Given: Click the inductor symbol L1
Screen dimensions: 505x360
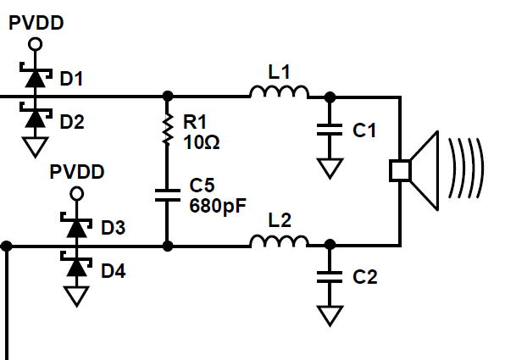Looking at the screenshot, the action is coord(280,91).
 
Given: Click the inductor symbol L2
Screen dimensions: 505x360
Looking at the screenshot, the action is coord(280,241).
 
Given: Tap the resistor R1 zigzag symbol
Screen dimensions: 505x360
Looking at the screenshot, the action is coord(167,129).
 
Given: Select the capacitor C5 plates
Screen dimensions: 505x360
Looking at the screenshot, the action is coord(168,196).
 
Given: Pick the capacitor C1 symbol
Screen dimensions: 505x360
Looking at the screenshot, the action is coord(330,130).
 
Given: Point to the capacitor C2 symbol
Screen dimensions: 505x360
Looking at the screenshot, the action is coord(330,277).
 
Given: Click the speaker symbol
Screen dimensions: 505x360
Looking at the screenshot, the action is coord(413,170).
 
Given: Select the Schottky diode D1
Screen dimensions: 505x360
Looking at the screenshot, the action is coord(35,77).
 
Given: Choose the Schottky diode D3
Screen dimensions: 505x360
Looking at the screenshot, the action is coord(76,227).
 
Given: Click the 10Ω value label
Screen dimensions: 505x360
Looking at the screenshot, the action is coord(202,142).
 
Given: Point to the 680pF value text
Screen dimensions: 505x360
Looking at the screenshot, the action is coord(218,206).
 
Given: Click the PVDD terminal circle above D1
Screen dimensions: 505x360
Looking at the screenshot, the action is coord(35,44).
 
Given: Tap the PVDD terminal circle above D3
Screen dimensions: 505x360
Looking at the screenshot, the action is coord(76,194).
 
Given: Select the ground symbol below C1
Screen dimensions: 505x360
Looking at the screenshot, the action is coord(330,168).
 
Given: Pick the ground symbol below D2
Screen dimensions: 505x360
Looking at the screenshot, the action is coord(35,147).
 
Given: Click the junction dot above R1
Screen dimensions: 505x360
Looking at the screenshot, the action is coord(168,96).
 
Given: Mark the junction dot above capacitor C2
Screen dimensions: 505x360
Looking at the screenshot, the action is coord(330,245).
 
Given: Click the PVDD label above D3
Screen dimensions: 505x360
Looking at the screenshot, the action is coord(77,172).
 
